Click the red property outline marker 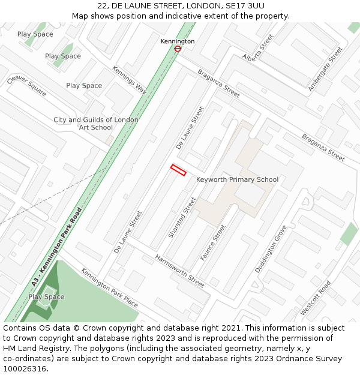point(178,170)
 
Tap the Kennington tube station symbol point(178,49)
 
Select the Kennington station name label point(178,41)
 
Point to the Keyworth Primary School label point(238,179)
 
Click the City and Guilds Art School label point(96,124)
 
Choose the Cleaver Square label point(27,86)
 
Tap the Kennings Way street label point(130,79)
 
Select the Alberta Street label point(258,48)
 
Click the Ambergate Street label point(325,69)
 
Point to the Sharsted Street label point(182,217)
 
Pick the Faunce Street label point(213,242)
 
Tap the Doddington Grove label point(271,249)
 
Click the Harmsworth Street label point(179,271)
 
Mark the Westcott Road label point(316,298)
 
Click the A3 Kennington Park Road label point(56,247)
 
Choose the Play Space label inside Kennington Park point(46,297)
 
